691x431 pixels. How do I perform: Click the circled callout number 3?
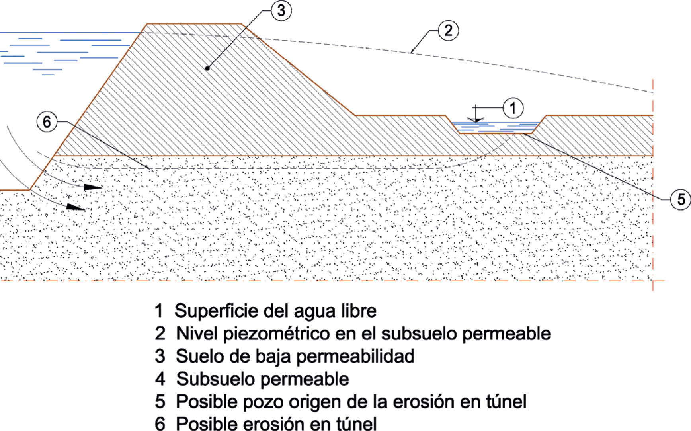[x=281, y=10]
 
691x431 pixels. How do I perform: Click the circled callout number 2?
[x=448, y=31]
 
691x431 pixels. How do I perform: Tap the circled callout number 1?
[x=513, y=108]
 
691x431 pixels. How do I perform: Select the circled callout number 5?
[x=681, y=199]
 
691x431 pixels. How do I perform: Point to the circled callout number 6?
[x=47, y=122]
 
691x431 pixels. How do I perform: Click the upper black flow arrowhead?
[x=94, y=187]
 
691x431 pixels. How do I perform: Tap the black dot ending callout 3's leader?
[x=207, y=68]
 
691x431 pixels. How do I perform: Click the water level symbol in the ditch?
[x=476, y=119]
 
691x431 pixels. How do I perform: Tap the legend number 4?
[x=160, y=379]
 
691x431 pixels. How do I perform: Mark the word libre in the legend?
[x=359, y=311]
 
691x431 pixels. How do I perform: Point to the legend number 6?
[x=160, y=423]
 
